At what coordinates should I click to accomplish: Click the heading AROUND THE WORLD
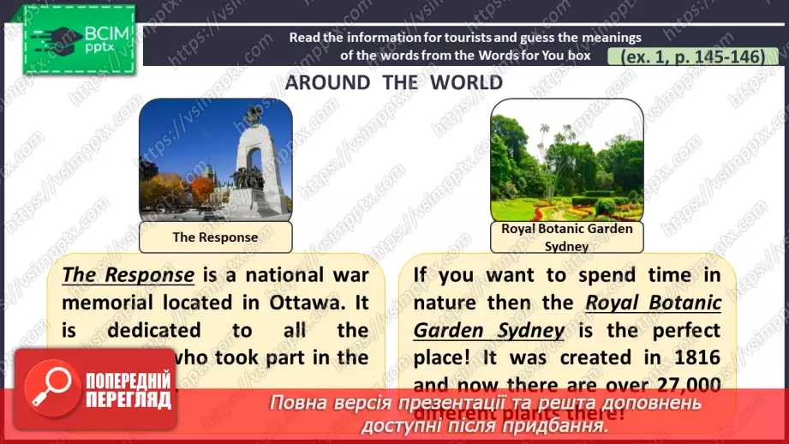(x=394, y=83)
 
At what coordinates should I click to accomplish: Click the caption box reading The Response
(x=214, y=237)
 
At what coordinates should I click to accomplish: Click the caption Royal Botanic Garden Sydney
(x=566, y=237)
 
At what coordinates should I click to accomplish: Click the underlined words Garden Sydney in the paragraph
(x=489, y=330)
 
